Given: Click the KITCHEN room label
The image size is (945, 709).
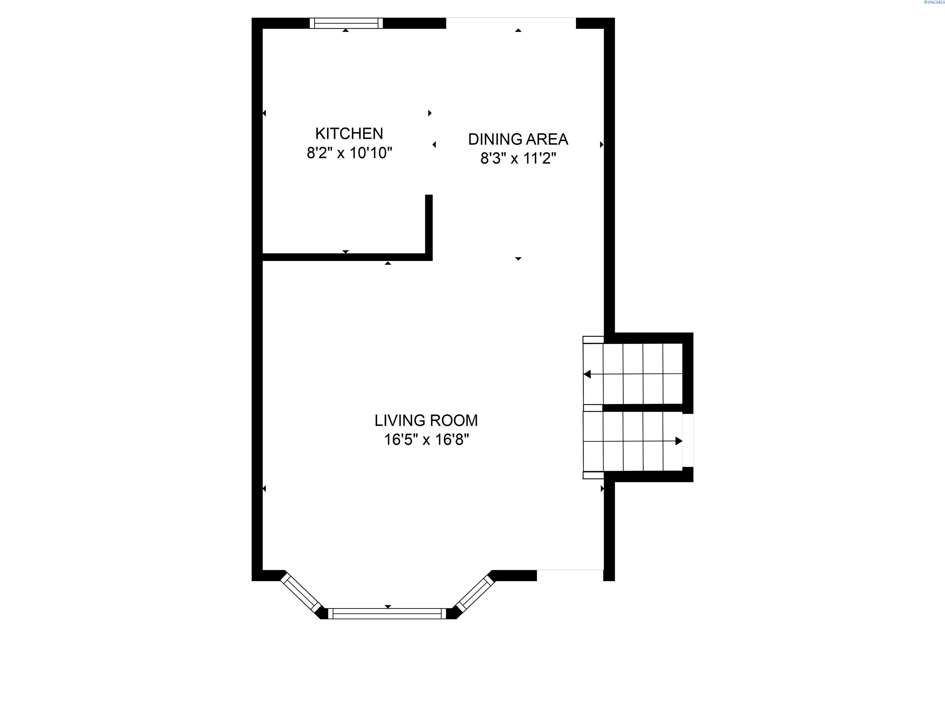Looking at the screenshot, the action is pyautogui.click(x=349, y=134).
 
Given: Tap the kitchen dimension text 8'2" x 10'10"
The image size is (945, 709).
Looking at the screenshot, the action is pyautogui.click(x=349, y=153).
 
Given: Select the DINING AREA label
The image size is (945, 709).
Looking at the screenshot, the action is pyautogui.click(x=518, y=139).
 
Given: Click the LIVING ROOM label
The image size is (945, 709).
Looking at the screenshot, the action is pyautogui.click(x=426, y=421).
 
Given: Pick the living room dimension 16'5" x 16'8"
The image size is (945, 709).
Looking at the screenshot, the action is pyautogui.click(x=426, y=439).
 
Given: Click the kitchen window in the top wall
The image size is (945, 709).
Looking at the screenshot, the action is pyautogui.click(x=346, y=23).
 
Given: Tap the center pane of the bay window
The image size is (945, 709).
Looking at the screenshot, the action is pyautogui.click(x=387, y=614).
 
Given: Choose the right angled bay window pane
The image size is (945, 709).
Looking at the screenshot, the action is pyautogui.click(x=475, y=594).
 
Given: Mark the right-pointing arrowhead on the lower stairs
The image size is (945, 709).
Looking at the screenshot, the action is pyautogui.click(x=678, y=441).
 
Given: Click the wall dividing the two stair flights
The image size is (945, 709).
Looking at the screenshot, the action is pyautogui.click(x=642, y=408).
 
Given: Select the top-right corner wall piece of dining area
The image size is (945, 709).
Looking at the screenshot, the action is pyautogui.click(x=596, y=23).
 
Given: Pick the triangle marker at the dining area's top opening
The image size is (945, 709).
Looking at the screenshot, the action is pyautogui.click(x=518, y=30).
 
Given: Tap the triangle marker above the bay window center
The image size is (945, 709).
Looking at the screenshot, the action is pyautogui.click(x=388, y=607).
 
